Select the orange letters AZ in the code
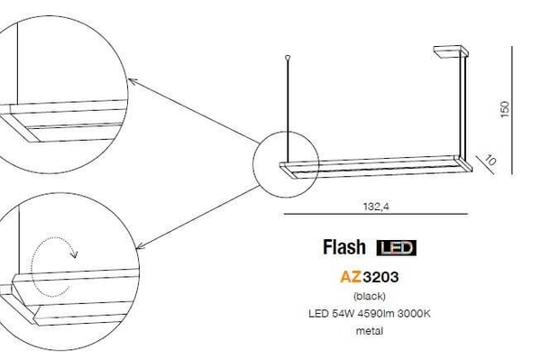point(350,278)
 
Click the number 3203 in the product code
point(380,278)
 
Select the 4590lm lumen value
point(375,312)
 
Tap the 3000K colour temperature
point(414,312)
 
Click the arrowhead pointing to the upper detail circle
point(132,81)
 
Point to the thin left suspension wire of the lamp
point(289,108)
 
